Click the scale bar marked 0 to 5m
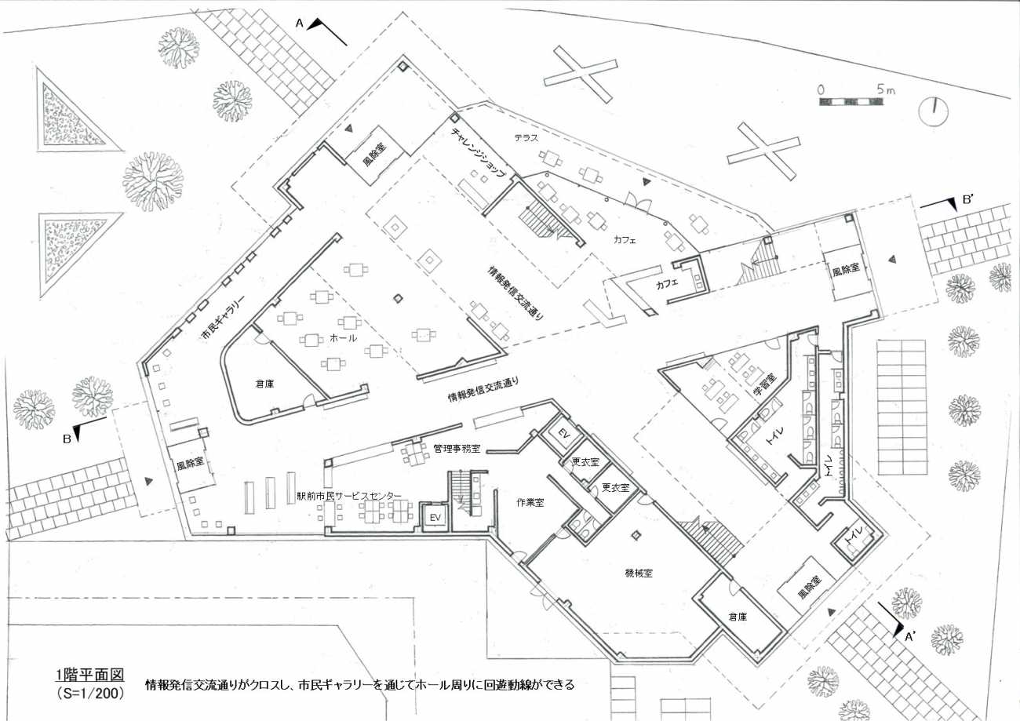851,101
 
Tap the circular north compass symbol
934,111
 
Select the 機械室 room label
639,574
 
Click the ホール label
344,337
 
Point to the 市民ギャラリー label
223,317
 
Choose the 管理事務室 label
457,449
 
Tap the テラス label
526,137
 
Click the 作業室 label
530,503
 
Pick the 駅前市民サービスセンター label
349,496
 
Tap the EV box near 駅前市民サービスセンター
435,518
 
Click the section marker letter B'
968,200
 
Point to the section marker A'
910,637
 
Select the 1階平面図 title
89,675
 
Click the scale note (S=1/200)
90,693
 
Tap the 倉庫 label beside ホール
264,384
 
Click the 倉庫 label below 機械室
738,617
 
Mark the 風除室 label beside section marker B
191,465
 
